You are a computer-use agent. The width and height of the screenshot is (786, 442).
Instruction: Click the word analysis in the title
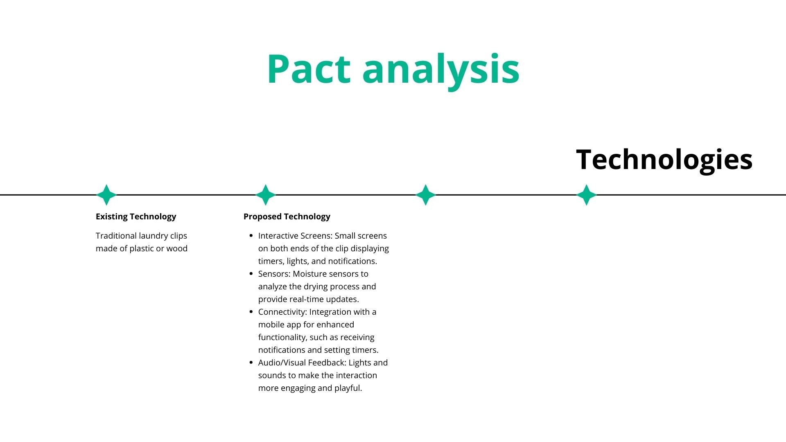[441, 70]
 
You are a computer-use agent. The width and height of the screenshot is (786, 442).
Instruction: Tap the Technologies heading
[664, 160]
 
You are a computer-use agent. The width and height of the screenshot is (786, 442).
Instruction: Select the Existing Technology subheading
[136, 216]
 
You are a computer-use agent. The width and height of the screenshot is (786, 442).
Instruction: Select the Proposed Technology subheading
[287, 216]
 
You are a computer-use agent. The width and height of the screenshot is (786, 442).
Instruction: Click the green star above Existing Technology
[106, 195]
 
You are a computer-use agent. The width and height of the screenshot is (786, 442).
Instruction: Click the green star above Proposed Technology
[266, 195]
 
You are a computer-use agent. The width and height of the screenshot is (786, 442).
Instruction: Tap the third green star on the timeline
[426, 195]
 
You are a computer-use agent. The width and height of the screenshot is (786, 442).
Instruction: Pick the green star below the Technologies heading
[586, 195]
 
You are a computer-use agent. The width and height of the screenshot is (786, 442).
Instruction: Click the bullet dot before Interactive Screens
[251, 236]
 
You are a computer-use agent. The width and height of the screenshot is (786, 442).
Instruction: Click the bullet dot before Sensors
[251, 274]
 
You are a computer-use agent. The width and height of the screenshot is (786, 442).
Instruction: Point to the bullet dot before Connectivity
[251, 312]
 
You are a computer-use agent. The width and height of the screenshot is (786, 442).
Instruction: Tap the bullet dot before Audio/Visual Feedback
[251, 363]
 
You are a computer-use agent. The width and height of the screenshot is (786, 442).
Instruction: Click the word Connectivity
[282, 312]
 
